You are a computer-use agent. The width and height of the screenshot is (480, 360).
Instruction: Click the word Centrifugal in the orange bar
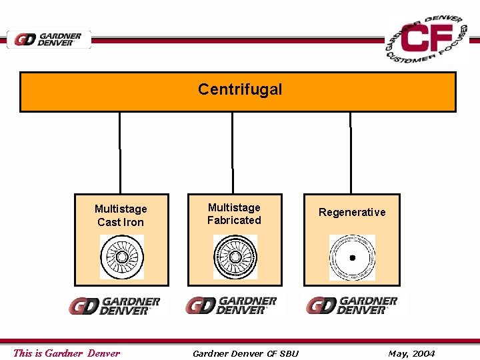click(x=240, y=89)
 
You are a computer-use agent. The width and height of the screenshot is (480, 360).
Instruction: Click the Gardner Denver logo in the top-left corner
click(x=49, y=39)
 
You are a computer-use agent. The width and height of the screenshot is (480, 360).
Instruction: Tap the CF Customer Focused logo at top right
click(x=427, y=39)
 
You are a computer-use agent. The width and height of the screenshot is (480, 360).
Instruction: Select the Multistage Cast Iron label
click(x=121, y=215)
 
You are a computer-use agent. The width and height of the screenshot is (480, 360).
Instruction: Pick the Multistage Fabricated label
click(x=234, y=214)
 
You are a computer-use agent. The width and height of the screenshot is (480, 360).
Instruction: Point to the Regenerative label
click(x=352, y=212)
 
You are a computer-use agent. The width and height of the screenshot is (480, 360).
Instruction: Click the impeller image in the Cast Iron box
click(x=122, y=257)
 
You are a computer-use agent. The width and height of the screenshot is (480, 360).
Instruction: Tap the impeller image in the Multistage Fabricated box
click(x=235, y=257)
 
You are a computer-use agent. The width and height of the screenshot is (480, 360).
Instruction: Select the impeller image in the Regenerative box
click(x=352, y=257)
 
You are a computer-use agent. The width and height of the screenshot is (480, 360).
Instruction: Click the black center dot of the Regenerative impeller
click(x=352, y=257)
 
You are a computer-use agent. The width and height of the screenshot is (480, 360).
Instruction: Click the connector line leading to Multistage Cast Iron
click(x=120, y=153)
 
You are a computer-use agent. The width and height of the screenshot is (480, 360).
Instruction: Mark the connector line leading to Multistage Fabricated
click(x=233, y=153)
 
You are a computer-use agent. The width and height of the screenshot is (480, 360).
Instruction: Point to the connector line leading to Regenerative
click(x=350, y=153)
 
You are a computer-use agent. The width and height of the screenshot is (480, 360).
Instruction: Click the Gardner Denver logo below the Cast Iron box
click(x=114, y=306)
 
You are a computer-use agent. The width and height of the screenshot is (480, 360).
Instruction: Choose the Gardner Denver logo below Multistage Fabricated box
click(x=231, y=305)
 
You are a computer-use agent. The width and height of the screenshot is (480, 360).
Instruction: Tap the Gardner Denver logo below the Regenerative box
click(x=351, y=305)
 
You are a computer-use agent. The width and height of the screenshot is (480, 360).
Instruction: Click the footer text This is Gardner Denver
click(x=67, y=353)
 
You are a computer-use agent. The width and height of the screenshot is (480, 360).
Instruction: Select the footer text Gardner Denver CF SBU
click(x=245, y=353)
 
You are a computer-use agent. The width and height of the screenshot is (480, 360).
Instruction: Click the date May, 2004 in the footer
click(x=411, y=353)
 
